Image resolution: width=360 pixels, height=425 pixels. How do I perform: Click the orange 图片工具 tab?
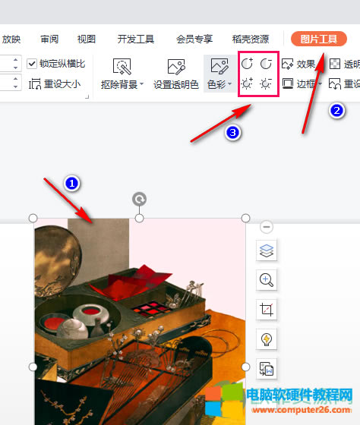tap(318, 39)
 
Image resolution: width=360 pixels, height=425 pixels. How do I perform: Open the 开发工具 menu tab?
tap(136, 39)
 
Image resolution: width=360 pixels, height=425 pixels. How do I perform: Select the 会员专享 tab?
tap(194, 39)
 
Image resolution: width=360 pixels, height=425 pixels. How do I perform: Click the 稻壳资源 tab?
tap(250, 39)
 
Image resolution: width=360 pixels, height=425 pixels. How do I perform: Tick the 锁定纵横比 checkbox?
tap(32, 64)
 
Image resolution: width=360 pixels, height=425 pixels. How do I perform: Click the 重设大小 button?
tap(54, 84)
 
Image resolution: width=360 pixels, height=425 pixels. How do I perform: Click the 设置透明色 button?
tap(176, 74)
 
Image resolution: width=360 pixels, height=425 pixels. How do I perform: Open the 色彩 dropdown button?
tap(219, 74)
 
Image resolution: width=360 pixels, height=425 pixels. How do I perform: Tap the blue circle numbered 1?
tap(71, 183)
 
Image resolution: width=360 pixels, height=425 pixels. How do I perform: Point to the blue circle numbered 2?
tap(336, 110)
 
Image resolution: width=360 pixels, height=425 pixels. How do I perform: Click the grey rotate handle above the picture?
tap(139, 199)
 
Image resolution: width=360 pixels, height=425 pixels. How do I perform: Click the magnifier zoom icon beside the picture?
tap(267, 280)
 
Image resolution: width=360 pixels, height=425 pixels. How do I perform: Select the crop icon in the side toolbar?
tap(267, 310)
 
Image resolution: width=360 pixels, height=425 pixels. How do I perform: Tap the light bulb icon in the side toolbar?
tap(267, 339)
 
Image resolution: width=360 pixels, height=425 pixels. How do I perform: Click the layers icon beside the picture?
tap(267, 250)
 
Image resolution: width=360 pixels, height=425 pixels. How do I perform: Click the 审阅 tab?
tap(49, 39)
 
